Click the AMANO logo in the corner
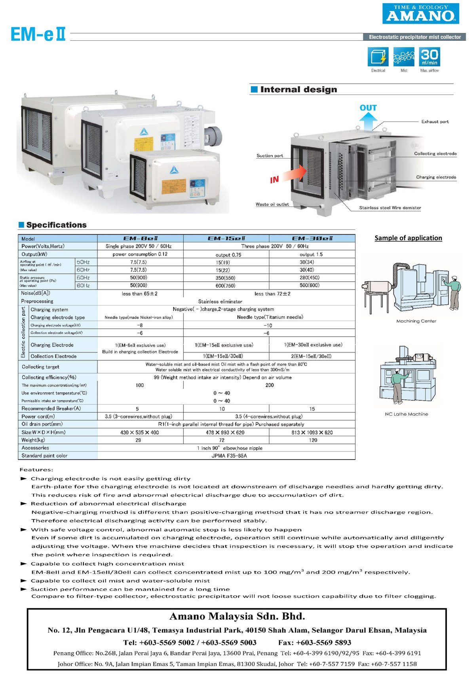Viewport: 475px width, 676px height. [x=420, y=13]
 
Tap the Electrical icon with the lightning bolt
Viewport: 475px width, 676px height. [x=378, y=57]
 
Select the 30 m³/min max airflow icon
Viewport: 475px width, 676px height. [x=429, y=57]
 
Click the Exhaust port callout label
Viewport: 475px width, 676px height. [x=435, y=121]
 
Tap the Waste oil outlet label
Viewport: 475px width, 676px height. [x=272, y=205]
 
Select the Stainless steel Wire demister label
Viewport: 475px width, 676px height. [x=390, y=208]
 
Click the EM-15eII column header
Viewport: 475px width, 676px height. [x=226, y=239]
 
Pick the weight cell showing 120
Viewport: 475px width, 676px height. [x=313, y=440]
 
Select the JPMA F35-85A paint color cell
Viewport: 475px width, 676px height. [x=229, y=456]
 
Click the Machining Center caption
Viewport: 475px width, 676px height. [x=416, y=321]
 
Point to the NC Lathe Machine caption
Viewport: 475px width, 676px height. [x=407, y=414]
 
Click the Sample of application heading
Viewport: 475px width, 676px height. [x=408, y=238]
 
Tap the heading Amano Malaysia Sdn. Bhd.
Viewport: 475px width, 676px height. [x=237, y=616]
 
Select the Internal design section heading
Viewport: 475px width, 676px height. [x=298, y=89]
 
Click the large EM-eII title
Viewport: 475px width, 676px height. [x=38, y=34]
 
